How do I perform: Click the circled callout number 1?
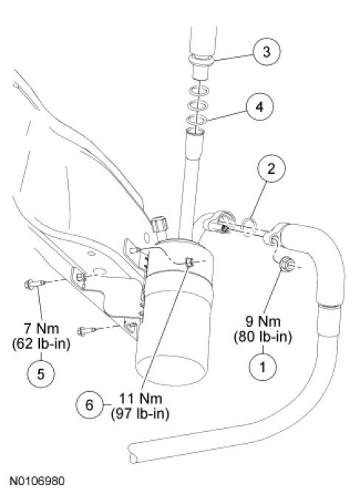[x=262, y=367]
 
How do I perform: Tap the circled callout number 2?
[x=271, y=169]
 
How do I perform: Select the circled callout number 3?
[x=266, y=51]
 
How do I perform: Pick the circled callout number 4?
[x=259, y=107]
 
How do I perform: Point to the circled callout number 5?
[x=41, y=373]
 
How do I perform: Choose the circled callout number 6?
[x=89, y=405]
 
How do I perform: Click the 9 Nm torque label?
[x=262, y=322]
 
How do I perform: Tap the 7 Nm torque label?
[x=41, y=328]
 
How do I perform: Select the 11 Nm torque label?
[x=140, y=399]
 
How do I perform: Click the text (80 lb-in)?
[x=262, y=337]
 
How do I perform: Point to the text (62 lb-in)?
[x=41, y=344]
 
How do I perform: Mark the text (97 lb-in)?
[x=140, y=414]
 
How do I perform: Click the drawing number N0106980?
[x=37, y=481]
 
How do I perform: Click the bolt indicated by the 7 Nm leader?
[x=33, y=284]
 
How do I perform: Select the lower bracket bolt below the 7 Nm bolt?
[x=86, y=331]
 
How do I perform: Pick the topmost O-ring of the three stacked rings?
[x=199, y=91]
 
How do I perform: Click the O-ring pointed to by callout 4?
[x=197, y=120]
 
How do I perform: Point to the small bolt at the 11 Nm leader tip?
[x=189, y=261]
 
